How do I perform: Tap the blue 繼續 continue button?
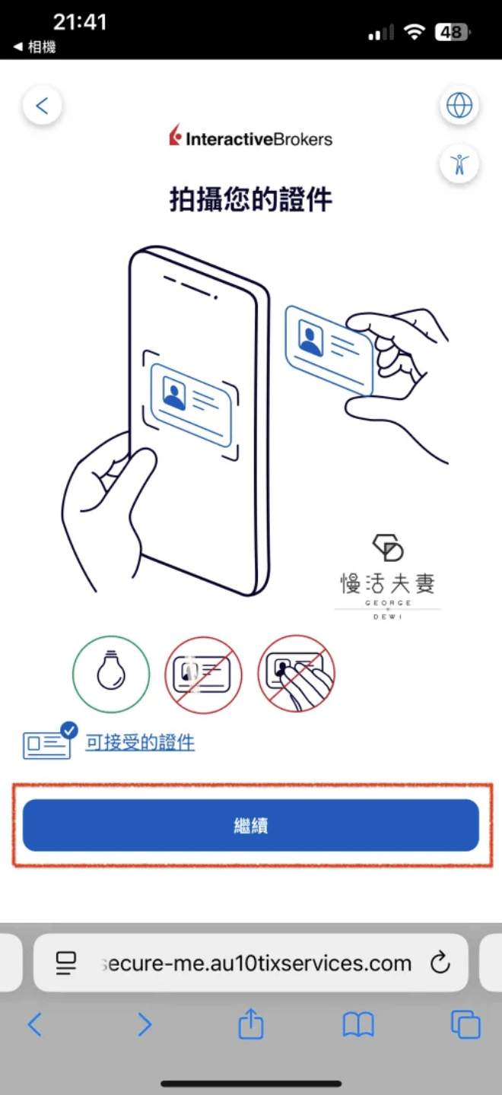click(x=251, y=825)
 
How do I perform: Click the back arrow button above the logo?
click(x=43, y=105)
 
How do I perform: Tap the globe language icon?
click(x=459, y=105)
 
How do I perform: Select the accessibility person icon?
click(x=459, y=163)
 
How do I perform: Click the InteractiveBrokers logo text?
click(x=259, y=139)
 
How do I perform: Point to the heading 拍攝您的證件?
click(x=251, y=199)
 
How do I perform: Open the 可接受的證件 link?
click(x=140, y=742)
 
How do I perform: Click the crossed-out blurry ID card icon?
click(x=203, y=674)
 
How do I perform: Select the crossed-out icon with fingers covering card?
click(x=296, y=674)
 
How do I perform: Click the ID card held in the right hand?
click(x=329, y=350)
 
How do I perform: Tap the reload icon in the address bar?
click(x=440, y=963)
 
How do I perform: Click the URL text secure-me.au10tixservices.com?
click(x=257, y=963)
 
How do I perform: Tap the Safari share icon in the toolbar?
click(x=251, y=1024)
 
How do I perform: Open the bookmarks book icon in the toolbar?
click(x=358, y=1024)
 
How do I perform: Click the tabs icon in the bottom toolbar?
click(x=465, y=1024)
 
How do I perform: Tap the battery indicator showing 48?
click(x=452, y=32)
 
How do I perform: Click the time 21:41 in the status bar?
click(x=80, y=22)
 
